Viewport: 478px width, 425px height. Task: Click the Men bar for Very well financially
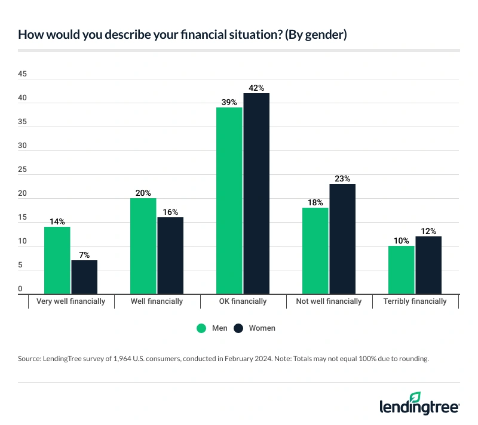[x=57, y=260]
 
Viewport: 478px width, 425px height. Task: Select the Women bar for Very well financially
[x=84, y=277]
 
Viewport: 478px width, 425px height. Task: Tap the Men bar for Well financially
[x=143, y=246]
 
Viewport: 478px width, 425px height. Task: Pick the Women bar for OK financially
[x=256, y=193]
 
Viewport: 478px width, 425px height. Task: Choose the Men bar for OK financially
[x=229, y=201]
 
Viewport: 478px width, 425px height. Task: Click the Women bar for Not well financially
[x=342, y=239]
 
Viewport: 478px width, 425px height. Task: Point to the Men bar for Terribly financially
[x=402, y=270]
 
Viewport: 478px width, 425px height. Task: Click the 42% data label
[x=256, y=88]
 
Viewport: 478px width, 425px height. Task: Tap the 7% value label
[x=84, y=255]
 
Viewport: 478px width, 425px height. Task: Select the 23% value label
[x=342, y=178]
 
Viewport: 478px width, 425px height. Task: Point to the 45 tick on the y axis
[x=22, y=74]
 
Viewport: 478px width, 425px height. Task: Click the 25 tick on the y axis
[x=22, y=170]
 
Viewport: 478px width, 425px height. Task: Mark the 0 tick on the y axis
[x=20, y=289]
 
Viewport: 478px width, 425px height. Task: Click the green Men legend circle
[x=201, y=328]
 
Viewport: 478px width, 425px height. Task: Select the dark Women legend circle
[x=238, y=328]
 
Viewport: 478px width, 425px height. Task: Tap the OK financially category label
[x=243, y=301]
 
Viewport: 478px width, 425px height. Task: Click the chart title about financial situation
[x=182, y=34]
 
